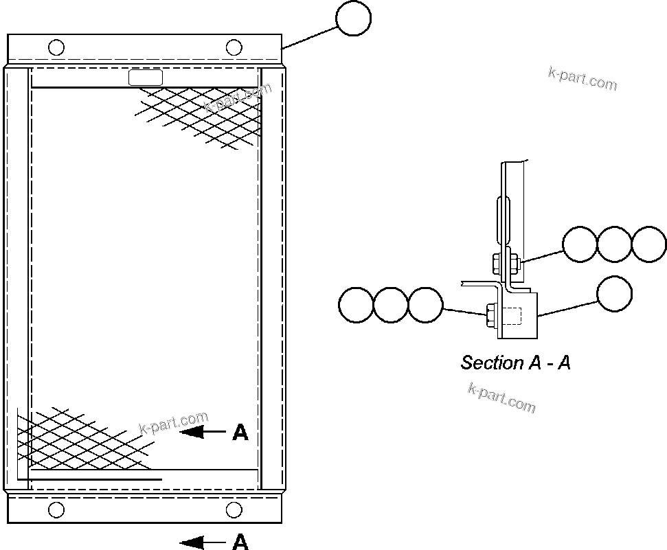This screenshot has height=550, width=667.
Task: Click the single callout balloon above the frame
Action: pyautogui.click(x=354, y=18)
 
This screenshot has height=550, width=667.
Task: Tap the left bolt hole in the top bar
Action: pyautogui.click(x=57, y=47)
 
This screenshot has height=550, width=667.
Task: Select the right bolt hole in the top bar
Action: pyautogui.click(x=234, y=47)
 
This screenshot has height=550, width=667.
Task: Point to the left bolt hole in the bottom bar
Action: pyautogui.click(x=57, y=509)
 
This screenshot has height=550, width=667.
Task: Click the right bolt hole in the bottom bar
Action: pyautogui.click(x=234, y=509)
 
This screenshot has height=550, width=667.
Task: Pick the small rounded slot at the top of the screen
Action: pyautogui.click(x=146, y=78)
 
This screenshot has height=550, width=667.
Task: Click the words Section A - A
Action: pyautogui.click(x=515, y=363)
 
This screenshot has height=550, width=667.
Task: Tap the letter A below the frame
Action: pyautogui.click(x=240, y=542)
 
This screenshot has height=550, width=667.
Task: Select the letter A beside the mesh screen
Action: pyautogui.click(x=240, y=432)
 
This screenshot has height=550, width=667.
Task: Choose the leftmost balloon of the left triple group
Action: pyautogui.click(x=357, y=304)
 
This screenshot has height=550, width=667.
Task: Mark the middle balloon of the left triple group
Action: pyautogui.click(x=391, y=304)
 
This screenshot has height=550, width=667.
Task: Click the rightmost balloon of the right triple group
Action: pyautogui.click(x=649, y=244)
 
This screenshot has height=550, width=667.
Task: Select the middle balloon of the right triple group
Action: pyautogui.click(x=614, y=244)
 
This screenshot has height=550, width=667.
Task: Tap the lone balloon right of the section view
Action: pyautogui.click(x=614, y=293)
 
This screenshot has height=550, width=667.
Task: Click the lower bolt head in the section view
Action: pyautogui.click(x=491, y=314)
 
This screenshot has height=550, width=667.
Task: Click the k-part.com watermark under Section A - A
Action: pyautogui.click(x=501, y=398)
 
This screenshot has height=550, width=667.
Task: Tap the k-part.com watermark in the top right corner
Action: pyautogui.click(x=583, y=79)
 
